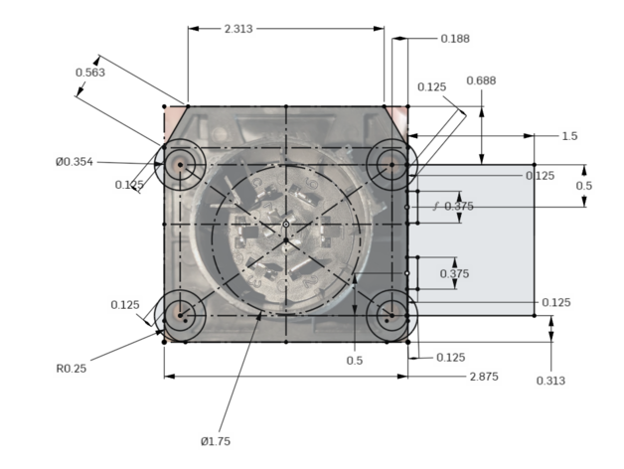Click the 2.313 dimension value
click(x=238, y=29)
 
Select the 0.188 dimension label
click(x=455, y=39)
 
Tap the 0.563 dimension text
click(x=90, y=73)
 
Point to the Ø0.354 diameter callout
click(x=75, y=162)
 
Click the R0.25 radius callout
click(x=72, y=369)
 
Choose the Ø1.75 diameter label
click(x=216, y=441)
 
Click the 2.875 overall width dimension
click(x=484, y=377)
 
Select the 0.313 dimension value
click(x=550, y=381)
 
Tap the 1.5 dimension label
click(x=569, y=136)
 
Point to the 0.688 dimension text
click(x=481, y=80)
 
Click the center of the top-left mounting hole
click(x=180, y=164)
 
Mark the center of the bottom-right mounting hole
click(x=392, y=315)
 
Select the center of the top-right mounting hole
click(x=392, y=164)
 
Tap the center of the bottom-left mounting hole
click(x=180, y=315)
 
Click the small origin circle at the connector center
click(x=286, y=225)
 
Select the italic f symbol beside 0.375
click(x=436, y=206)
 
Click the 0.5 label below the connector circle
click(x=354, y=361)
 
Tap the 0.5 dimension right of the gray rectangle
click(x=584, y=186)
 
